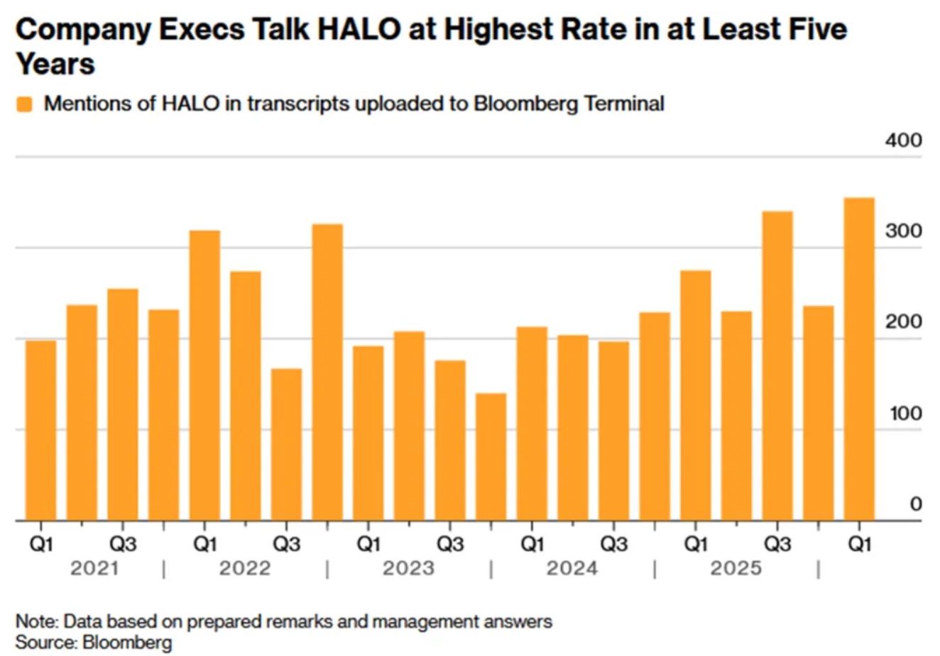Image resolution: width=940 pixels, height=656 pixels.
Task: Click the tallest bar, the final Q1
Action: point(859,359)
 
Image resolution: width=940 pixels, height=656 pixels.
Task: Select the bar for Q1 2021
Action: point(40,430)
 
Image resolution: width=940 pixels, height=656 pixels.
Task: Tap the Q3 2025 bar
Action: point(777,366)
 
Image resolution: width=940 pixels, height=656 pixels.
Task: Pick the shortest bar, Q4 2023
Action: point(491,457)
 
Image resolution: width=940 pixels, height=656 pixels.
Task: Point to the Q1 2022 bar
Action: point(204,375)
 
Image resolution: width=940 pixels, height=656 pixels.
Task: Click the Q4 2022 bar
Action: point(327,372)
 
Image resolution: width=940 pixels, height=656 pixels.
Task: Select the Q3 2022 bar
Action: point(286,444)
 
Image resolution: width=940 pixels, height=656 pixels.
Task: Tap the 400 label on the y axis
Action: point(903,141)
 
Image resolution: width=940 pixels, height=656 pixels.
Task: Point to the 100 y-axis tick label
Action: point(905,413)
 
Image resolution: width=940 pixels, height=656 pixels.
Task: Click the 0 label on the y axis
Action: point(915,504)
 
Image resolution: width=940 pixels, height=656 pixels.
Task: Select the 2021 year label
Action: point(94,568)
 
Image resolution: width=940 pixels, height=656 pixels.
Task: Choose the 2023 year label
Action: point(408,568)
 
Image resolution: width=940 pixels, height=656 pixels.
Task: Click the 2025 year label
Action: point(736,568)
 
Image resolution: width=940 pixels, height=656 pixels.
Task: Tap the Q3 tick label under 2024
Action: point(613,545)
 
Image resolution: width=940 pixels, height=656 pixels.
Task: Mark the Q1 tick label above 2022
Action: point(204,545)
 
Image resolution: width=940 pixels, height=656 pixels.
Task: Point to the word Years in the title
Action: point(55,64)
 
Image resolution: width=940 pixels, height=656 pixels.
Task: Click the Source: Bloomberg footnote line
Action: point(94,643)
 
